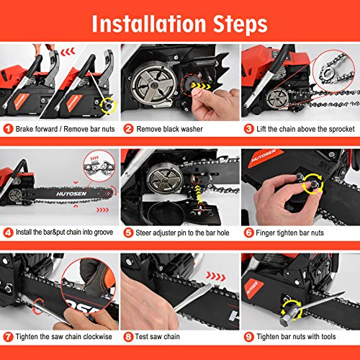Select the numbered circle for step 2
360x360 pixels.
(x=127, y=130)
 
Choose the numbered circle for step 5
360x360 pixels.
(x=127, y=233)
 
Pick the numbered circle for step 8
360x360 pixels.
(x=127, y=335)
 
